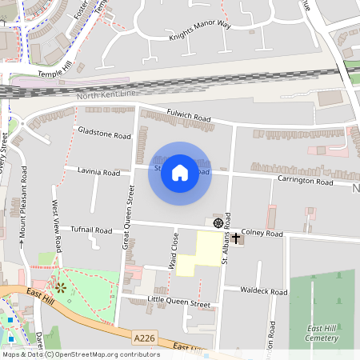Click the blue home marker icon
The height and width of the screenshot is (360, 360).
pos(180,173)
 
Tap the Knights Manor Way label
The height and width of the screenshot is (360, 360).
pos(199,30)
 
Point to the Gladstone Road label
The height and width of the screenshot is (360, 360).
pos(103,132)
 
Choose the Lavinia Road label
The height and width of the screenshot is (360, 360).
pos(98,172)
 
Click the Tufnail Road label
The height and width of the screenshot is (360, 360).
pos(91,230)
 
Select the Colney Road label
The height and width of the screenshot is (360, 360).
pos(262,234)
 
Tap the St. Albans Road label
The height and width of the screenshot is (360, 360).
pos(227,237)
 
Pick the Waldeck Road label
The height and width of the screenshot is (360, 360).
pos(266,292)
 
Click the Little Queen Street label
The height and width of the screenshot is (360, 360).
pos(179,304)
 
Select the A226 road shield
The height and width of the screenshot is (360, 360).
pos(145,338)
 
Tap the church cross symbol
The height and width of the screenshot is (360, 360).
pos(236,238)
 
